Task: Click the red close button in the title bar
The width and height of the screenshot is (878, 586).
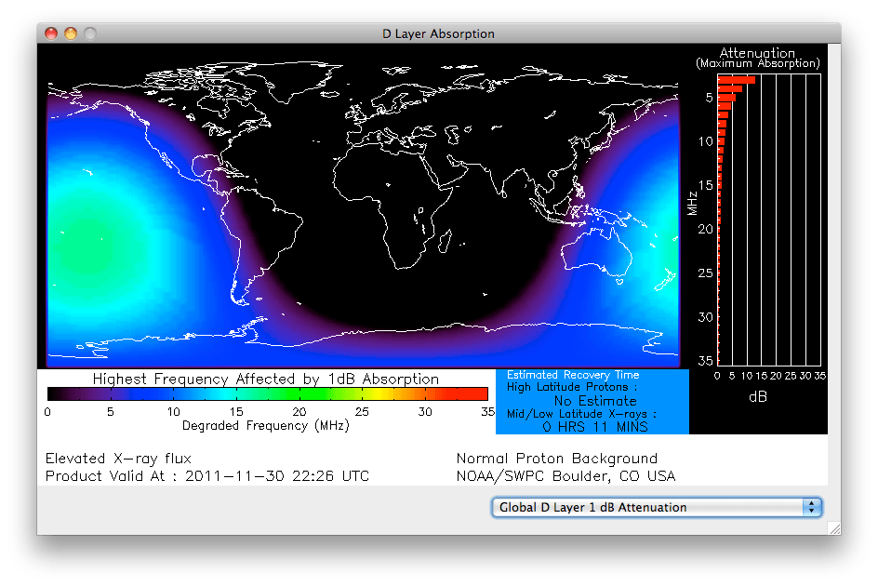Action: tap(51, 33)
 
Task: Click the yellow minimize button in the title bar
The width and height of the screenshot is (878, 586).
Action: tap(71, 33)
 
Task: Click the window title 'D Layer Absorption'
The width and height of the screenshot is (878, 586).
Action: tap(438, 33)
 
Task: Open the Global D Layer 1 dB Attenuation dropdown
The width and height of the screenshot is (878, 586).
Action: tap(657, 507)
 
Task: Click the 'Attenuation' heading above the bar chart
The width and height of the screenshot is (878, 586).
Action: tap(757, 53)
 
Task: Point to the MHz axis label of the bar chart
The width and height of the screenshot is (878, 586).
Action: tap(693, 204)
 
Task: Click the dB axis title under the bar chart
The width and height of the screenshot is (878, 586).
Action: tap(758, 396)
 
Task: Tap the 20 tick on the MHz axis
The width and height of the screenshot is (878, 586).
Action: tap(707, 229)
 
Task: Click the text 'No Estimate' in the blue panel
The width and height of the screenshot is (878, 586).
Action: tap(594, 401)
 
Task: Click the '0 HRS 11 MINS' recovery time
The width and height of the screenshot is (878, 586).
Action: tap(594, 427)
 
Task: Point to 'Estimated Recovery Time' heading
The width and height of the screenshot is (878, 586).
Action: tap(573, 375)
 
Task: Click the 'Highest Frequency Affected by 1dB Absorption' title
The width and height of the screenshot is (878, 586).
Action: tap(266, 379)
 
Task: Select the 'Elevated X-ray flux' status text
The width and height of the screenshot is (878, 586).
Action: tap(118, 458)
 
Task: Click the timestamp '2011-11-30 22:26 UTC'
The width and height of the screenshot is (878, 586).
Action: tap(277, 476)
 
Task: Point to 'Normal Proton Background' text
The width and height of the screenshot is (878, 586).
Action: tap(557, 458)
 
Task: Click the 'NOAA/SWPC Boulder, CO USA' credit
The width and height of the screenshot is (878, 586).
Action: tap(565, 476)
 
